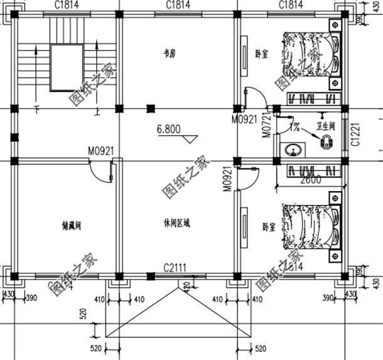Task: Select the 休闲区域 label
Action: pyautogui.click(x=176, y=222)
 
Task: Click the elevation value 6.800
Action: pyautogui.click(x=169, y=130)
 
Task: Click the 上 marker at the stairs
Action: pyautogui.click(x=98, y=114)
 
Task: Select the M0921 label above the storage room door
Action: pyautogui.click(x=100, y=151)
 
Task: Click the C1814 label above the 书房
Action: pyautogui.click(x=178, y=4)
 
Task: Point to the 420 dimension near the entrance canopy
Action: pyautogui.click(x=186, y=286)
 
